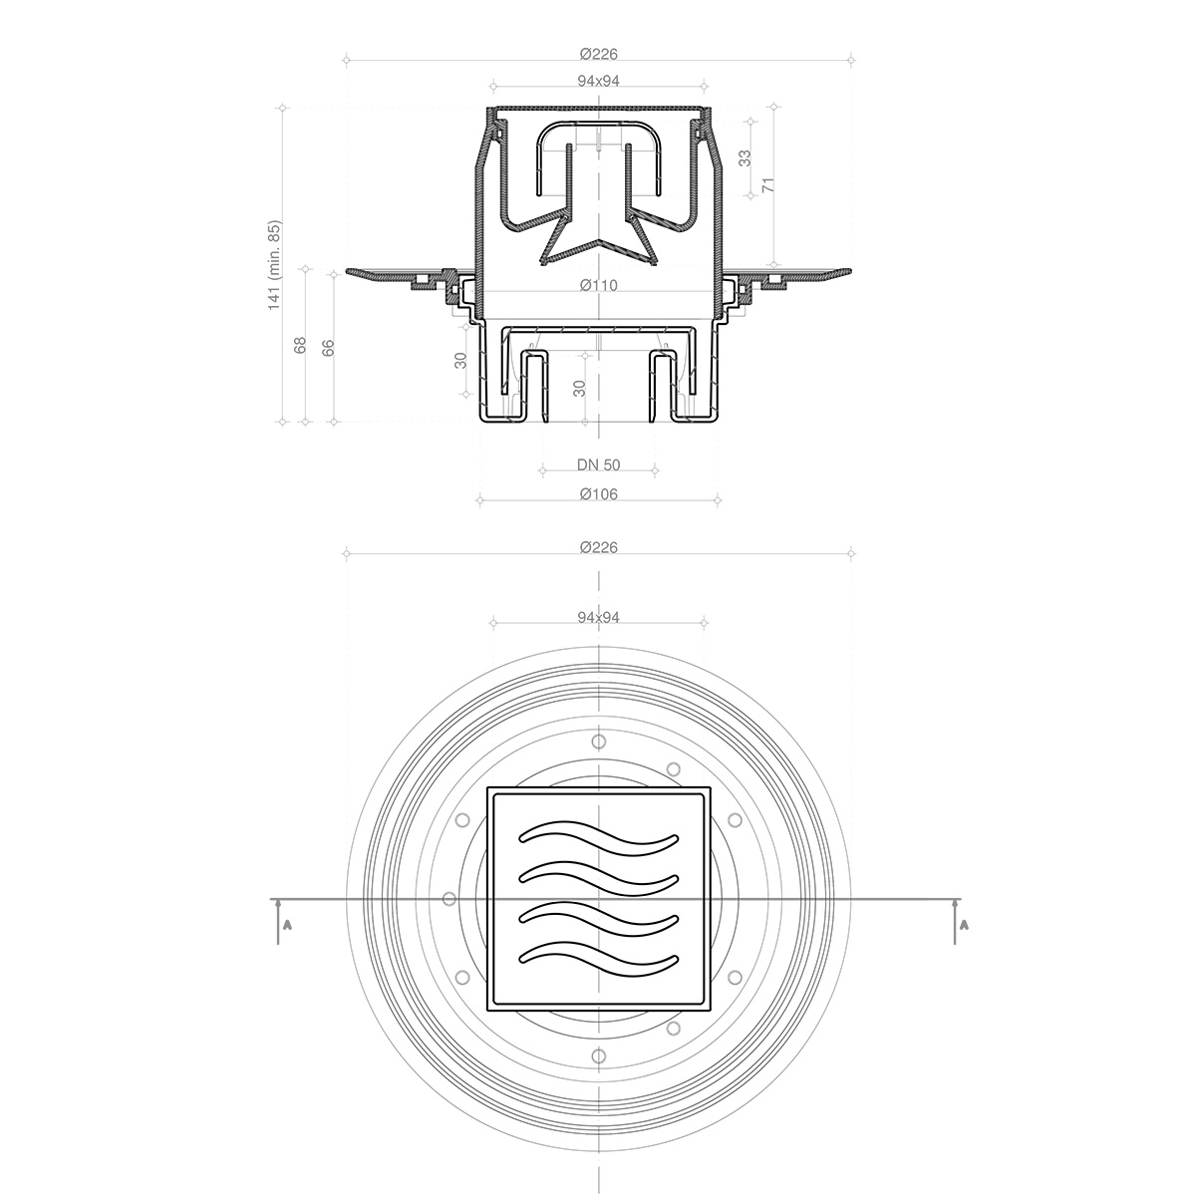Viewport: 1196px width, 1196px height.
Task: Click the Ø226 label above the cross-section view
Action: point(598,55)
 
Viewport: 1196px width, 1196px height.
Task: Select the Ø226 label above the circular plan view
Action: point(598,547)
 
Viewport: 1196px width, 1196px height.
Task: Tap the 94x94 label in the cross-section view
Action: point(598,82)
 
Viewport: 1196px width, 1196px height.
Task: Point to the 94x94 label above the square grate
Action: point(598,618)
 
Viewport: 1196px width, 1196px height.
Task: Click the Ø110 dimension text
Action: point(598,285)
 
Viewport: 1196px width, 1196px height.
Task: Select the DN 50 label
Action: point(598,464)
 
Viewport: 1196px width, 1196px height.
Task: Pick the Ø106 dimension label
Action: point(598,494)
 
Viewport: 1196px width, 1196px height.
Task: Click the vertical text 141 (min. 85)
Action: point(274,265)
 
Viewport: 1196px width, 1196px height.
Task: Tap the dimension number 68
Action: point(300,345)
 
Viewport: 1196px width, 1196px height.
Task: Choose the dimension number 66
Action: point(328,348)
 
